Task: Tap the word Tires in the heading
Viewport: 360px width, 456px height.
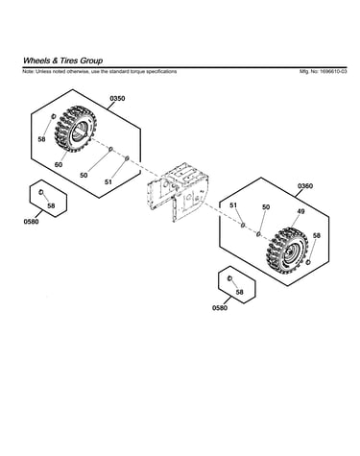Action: click(x=68, y=60)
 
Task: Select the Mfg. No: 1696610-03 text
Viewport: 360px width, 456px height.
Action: click(x=323, y=71)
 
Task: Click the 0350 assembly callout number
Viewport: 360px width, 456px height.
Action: click(x=117, y=99)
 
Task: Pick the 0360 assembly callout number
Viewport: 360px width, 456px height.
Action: click(x=305, y=186)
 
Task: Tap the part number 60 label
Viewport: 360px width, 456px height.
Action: click(x=59, y=165)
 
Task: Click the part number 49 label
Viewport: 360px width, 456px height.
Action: click(x=300, y=211)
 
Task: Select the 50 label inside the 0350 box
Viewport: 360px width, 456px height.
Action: click(x=84, y=176)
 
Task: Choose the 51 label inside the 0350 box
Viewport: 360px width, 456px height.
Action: click(x=108, y=181)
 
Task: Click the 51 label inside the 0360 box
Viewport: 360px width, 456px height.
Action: click(x=233, y=205)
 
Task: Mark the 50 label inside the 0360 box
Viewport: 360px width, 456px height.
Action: click(x=266, y=207)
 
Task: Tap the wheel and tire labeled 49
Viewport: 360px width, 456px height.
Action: click(x=287, y=251)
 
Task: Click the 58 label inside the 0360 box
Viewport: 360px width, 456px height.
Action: click(x=317, y=235)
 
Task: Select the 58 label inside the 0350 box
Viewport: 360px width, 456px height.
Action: click(x=41, y=139)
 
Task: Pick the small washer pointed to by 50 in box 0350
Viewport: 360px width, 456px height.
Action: click(x=111, y=149)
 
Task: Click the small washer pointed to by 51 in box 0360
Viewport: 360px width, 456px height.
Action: click(x=243, y=226)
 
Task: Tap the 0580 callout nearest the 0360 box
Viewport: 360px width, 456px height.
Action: click(x=220, y=308)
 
